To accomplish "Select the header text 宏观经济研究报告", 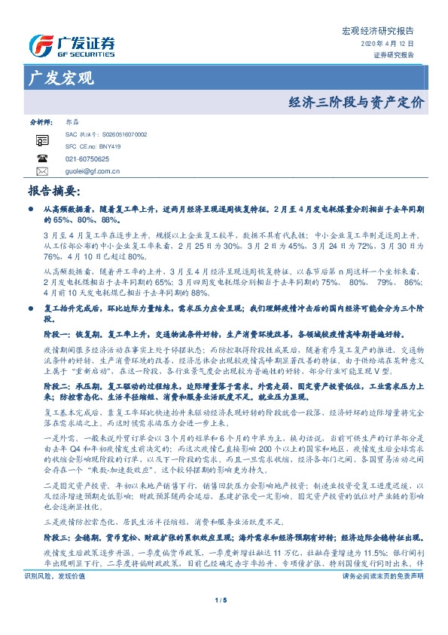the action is (379, 31).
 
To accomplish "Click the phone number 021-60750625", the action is (87, 159).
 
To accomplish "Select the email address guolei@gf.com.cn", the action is (93, 171).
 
